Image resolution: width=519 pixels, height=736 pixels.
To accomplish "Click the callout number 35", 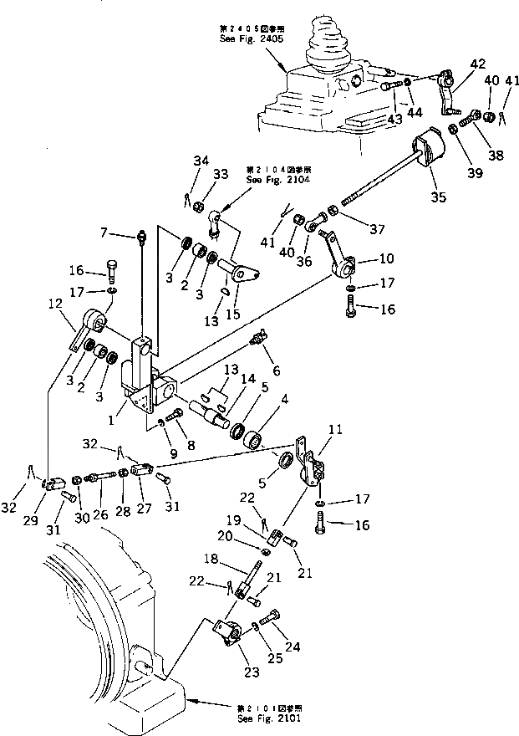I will (438, 197).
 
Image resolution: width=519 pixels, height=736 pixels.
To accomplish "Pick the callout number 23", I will (226, 671).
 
